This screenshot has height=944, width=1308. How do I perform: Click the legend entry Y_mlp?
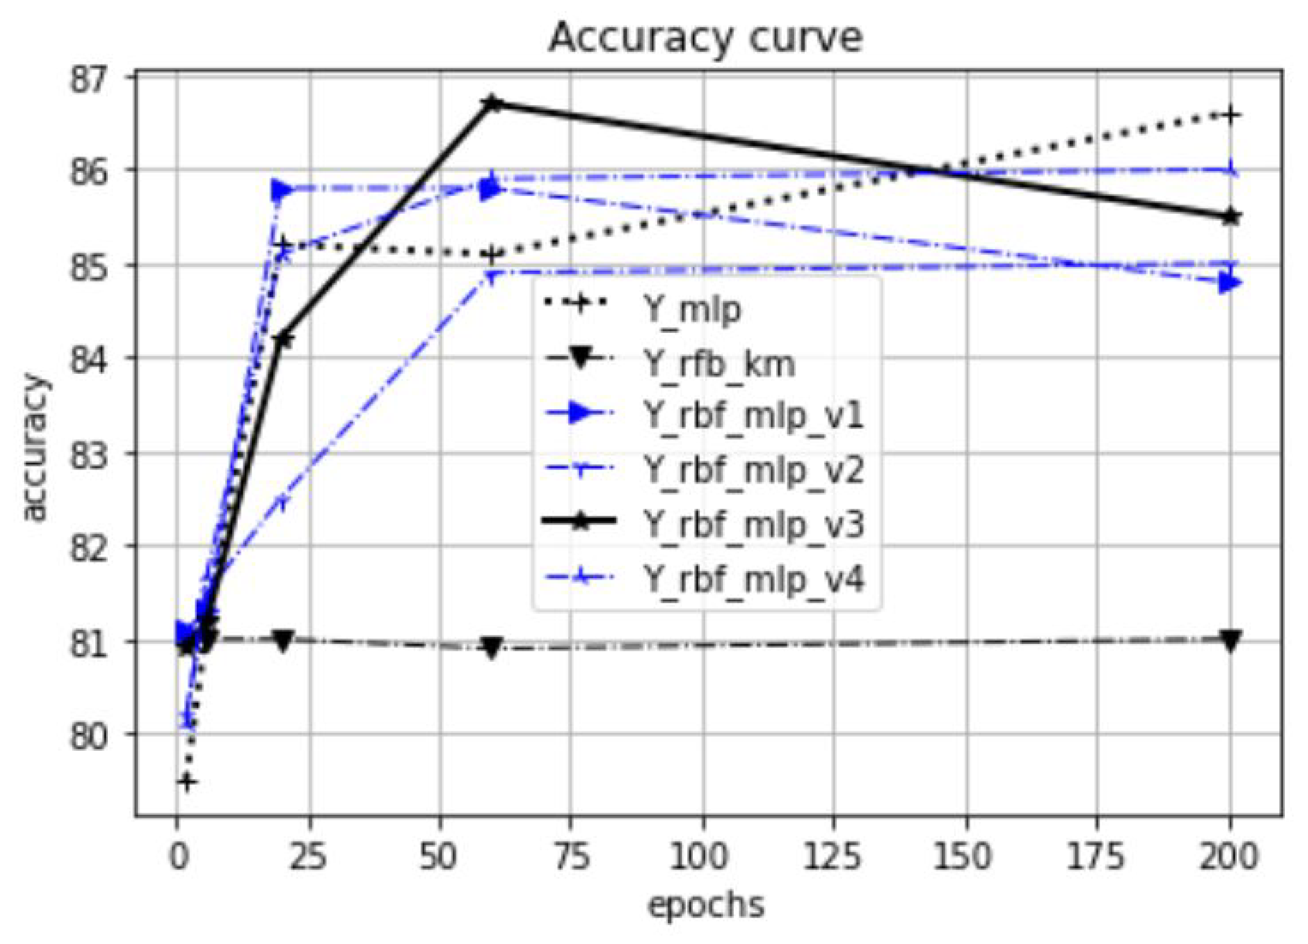click(692, 310)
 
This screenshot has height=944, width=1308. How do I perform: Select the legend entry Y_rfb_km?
click(718, 363)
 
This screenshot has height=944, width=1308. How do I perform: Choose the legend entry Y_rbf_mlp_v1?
click(753, 416)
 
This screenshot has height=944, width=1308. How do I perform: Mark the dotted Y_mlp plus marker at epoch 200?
click(1230, 115)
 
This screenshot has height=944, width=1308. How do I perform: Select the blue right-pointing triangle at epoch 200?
click(1230, 283)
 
